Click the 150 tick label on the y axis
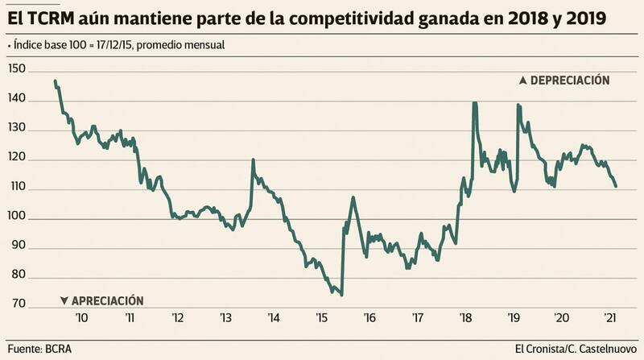coord(16,71)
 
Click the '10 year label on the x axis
coord(81,317)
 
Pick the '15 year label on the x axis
coord(321,317)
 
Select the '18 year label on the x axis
coord(464,317)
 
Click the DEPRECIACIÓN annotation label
coord(565,81)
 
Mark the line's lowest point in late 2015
coord(342,295)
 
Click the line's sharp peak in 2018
coord(474,103)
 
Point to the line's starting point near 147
coord(55,81)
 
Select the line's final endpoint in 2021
coord(617,187)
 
